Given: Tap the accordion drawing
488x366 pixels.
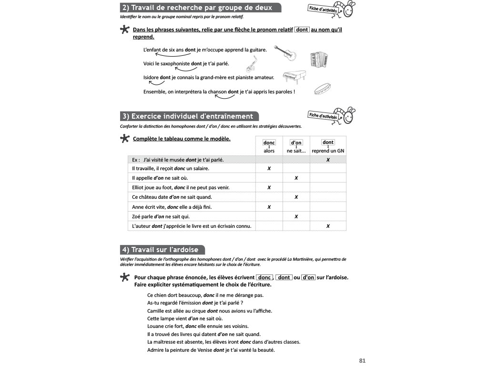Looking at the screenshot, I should tap(318, 59).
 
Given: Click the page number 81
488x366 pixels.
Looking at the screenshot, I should tap(362, 360).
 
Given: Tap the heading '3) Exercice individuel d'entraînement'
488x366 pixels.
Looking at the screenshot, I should tap(190, 116).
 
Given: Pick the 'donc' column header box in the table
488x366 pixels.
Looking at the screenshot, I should tap(269, 142).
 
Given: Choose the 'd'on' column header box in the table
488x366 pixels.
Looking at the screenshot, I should tap(296, 142).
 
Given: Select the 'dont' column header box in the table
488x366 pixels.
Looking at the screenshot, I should tap(328, 142).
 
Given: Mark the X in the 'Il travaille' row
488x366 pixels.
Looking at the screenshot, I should tap(269, 169).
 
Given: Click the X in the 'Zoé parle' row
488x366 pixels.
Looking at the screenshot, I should tap(296, 216).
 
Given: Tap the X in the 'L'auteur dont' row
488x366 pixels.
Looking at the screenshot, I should tap(328, 226).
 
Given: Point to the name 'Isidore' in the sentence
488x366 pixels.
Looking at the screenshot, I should tap(151, 77).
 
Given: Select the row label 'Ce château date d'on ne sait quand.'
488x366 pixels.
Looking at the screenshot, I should tap(172, 197).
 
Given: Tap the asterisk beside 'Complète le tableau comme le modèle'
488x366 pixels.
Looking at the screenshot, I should tap(124, 139).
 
